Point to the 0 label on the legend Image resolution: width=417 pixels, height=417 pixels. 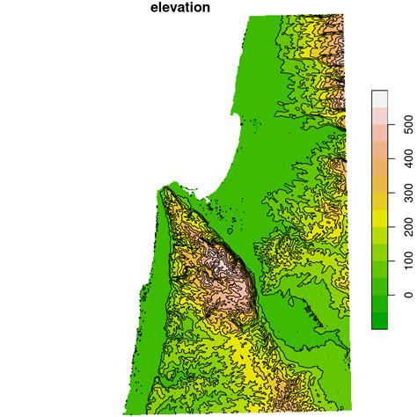pos(406,296)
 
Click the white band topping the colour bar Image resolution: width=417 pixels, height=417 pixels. pos(380,99)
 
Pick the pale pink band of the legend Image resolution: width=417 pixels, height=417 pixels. pos(380,115)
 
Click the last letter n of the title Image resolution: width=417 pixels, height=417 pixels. pos(205,8)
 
